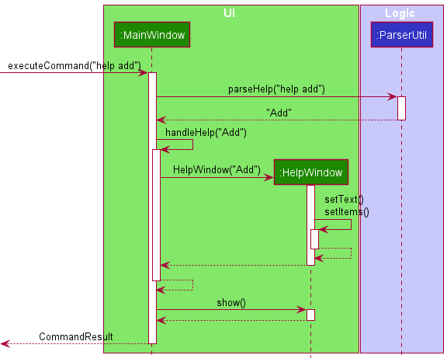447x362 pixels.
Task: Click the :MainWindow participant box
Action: (152, 35)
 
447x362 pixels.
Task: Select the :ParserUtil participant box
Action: (401, 35)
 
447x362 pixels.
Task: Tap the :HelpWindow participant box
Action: (310, 172)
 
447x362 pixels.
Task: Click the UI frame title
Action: (230, 13)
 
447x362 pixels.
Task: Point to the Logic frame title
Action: (400, 13)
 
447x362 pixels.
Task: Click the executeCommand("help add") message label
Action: (74, 65)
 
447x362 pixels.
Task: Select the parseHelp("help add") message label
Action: (276, 89)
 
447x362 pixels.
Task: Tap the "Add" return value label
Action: (279, 113)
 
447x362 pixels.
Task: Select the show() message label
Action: (231, 302)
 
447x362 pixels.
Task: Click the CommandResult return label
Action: (76, 336)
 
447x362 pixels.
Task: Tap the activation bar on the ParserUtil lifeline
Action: (401, 108)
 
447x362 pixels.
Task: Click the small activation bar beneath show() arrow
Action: (310, 315)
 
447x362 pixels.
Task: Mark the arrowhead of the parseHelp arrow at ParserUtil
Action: (393, 97)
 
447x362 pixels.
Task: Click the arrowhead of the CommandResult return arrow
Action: (5, 343)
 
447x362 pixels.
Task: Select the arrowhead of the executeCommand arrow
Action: (144, 73)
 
